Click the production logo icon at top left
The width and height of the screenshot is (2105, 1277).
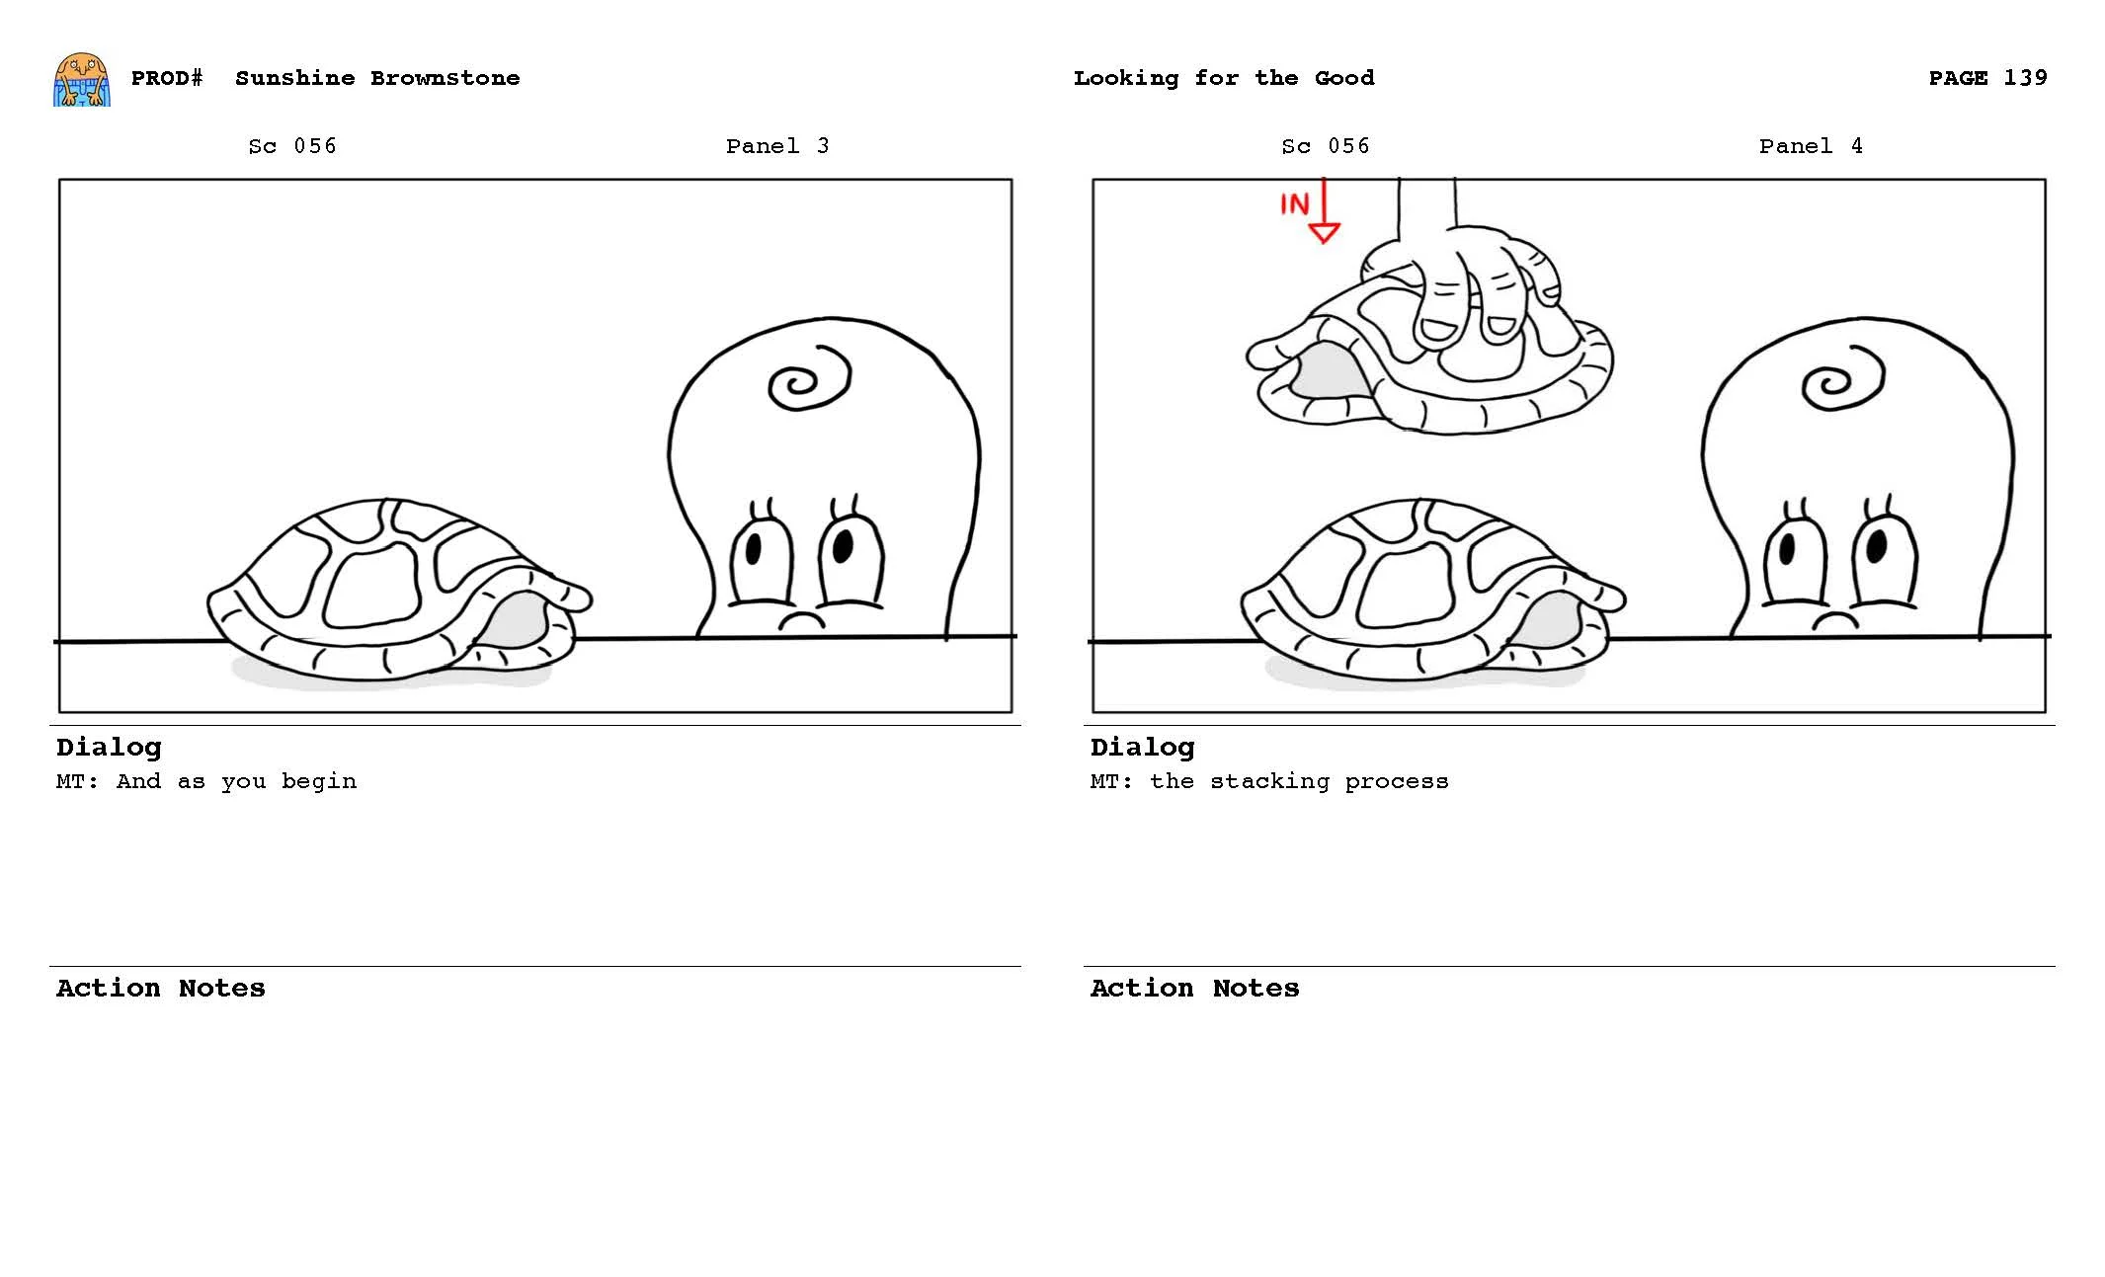click(81, 79)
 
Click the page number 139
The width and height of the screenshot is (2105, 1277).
click(2025, 78)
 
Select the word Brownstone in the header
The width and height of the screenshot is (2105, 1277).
click(445, 78)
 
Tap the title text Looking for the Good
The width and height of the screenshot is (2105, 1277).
click(1223, 78)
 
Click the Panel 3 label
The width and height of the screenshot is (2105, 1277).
click(776, 146)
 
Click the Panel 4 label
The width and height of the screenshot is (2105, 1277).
click(1810, 146)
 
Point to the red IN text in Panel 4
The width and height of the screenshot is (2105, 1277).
click(1294, 204)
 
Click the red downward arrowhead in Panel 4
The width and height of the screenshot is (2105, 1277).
click(1324, 233)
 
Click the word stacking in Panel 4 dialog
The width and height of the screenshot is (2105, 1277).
click(1269, 781)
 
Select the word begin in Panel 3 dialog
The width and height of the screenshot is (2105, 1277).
click(318, 781)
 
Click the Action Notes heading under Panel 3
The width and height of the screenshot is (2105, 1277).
click(160, 988)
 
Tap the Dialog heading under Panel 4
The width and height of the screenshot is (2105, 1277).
click(1142, 747)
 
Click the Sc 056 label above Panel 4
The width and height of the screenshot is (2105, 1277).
click(1325, 146)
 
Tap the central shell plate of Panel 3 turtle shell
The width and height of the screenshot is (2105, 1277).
click(372, 587)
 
